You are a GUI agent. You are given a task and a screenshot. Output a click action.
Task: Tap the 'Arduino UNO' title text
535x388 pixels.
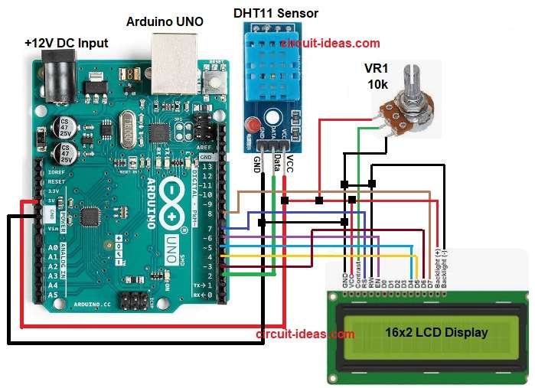click(165, 22)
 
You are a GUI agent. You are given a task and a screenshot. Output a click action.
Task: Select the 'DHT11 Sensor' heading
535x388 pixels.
click(275, 13)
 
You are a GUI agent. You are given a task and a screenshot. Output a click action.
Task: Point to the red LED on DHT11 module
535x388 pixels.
click(250, 125)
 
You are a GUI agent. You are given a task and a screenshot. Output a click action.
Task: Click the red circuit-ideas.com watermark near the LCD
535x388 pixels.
click(304, 334)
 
